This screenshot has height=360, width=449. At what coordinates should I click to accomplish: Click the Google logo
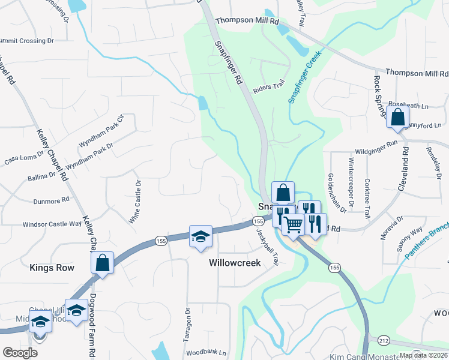tap(20, 353)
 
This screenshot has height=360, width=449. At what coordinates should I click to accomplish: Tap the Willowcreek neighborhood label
tap(235, 263)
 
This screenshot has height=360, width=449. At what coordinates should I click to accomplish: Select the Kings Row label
tap(52, 268)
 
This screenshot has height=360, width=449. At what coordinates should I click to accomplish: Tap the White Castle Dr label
tap(135, 202)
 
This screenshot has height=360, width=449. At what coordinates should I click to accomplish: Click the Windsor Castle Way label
tap(52, 224)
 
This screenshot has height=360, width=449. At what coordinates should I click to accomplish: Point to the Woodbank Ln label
tap(206, 353)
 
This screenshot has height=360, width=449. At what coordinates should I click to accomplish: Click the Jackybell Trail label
tap(268, 243)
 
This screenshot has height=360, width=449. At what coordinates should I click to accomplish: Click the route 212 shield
tap(367, 340)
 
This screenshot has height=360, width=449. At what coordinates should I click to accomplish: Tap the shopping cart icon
tap(294, 226)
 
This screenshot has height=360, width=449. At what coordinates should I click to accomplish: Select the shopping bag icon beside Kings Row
tap(103, 263)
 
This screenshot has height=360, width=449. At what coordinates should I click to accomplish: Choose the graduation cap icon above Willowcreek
tap(201, 236)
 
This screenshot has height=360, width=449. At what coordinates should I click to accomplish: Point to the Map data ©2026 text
tap(423, 355)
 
